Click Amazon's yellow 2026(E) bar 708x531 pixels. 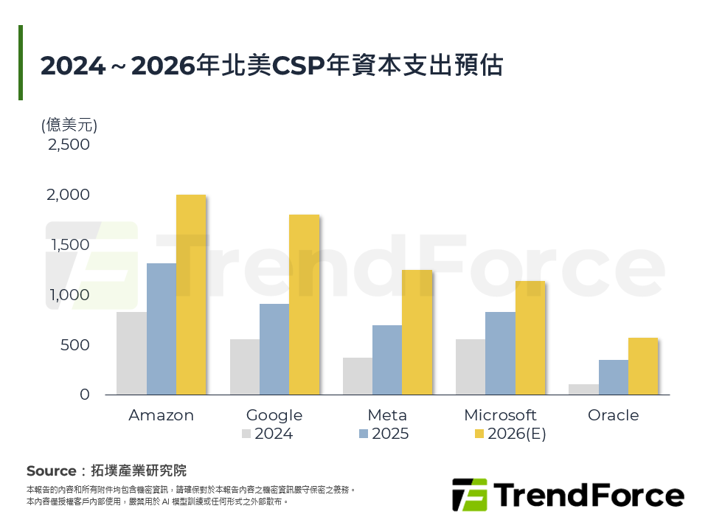click(x=190, y=295)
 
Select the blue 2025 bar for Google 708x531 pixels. click(x=274, y=350)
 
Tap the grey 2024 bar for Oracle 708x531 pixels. click(x=583, y=389)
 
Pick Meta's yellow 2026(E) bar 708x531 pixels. click(x=417, y=333)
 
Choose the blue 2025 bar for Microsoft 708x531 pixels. click(x=500, y=353)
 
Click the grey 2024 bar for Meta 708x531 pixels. click(x=358, y=376)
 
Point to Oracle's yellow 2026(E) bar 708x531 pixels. click(x=642, y=367)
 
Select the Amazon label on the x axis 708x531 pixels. click(x=161, y=415)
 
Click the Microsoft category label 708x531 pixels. click(x=500, y=415)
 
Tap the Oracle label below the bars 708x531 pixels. click(x=613, y=415)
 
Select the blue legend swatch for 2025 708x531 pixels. click(x=364, y=434)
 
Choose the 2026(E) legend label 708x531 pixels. click(x=516, y=434)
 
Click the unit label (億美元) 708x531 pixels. click(x=69, y=125)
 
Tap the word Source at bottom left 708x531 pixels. click(x=51, y=471)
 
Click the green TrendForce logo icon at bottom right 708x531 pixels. click(x=469, y=495)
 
